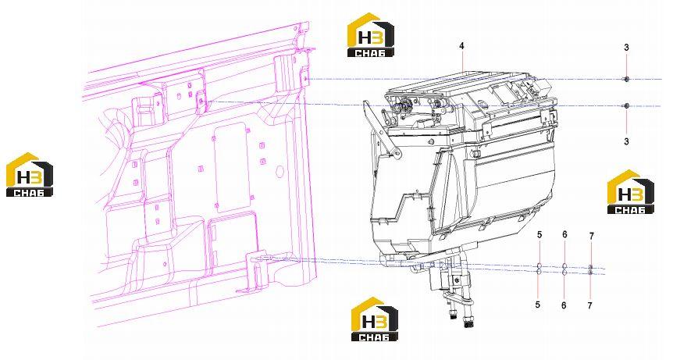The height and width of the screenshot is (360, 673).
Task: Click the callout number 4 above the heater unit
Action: click(x=461, y=46)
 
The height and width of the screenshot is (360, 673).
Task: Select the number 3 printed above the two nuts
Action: click(x=626, y=48)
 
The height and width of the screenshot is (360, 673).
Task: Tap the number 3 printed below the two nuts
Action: click(x=626, y=141)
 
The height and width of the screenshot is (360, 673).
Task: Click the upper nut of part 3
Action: click(x=626, y=79)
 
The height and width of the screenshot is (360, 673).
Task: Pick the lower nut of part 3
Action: click(x=626, y=105)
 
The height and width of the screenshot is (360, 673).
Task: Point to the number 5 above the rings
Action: click(x=539, y=235)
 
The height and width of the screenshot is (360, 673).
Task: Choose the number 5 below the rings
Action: click(x=537, y=305)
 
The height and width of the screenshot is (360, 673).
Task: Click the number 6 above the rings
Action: click(x=564, y=234)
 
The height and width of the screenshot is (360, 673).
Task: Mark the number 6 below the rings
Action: click(x=564, y=305)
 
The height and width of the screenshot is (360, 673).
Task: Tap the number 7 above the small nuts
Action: click(x=592, y=236)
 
